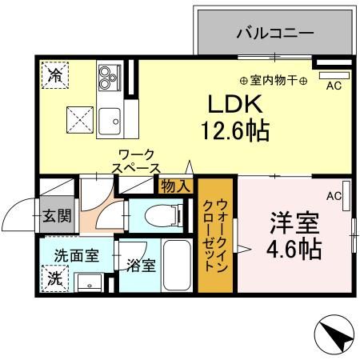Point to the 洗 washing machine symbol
[54, 279]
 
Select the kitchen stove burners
[107, 75]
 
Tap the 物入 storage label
[176, 186]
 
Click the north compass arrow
[334, 336]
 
